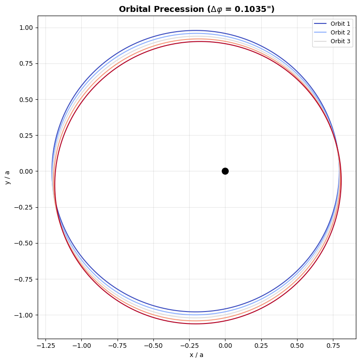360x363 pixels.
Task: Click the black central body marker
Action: pos(225,171)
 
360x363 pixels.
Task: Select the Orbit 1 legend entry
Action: pos(340,23)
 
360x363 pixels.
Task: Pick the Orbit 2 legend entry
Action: pos(340,32)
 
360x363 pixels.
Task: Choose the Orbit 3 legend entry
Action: pos(340,41)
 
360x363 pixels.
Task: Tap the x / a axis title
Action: pos(197,355)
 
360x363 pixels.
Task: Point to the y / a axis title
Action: pos(7,177)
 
